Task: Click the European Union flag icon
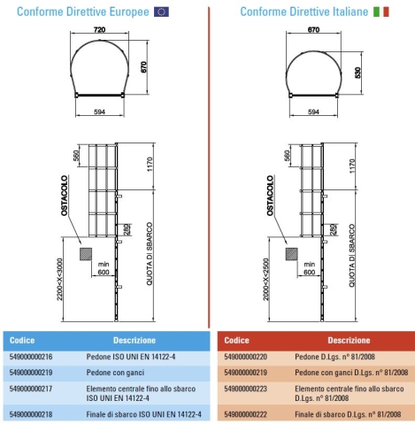[x=161, y=12]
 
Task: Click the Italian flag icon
[x=381, y=12]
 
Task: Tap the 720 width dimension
[x=99, y=29]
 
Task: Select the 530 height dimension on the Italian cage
[x=357, y=73]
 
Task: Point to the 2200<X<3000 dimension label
[x=60, y=279]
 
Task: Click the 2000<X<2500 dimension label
[x=266, y=279]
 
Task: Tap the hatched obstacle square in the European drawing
[x=86, y=254]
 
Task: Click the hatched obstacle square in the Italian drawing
[x=292, y=254]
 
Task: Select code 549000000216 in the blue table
[x=31, y=357]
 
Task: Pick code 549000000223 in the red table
[x=246, y=389]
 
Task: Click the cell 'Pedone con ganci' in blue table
[x=115, y=373]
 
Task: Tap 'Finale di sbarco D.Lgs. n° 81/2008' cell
[x=348, y=414]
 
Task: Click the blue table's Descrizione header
[x=134, y=340]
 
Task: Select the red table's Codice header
[x=236, y=340]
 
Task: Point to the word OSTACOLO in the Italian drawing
[x=270, y=196]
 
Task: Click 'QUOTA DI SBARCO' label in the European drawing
[x=150, y=254]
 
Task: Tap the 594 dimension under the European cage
[x=99, y=112]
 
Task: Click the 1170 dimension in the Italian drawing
[x=352, y=166]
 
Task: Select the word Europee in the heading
[x=129, y=12]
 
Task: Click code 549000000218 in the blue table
[x=31, y=414]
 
